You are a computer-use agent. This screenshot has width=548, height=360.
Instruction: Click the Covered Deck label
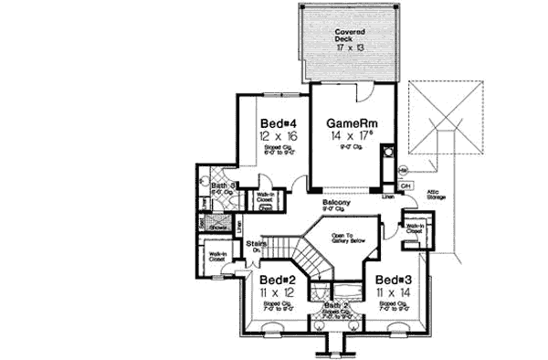[x=349, y=35]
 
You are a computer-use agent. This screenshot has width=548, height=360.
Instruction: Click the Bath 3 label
[x=225, y=185]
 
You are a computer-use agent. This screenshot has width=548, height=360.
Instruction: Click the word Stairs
[x=256, y=244]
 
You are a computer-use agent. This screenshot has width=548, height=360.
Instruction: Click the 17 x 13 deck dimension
[x=349, y=46]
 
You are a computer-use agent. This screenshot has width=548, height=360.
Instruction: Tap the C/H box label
[x=406, y=186]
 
